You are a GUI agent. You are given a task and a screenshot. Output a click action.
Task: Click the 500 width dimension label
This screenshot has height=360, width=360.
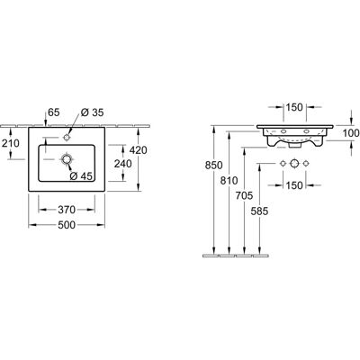[67, 225]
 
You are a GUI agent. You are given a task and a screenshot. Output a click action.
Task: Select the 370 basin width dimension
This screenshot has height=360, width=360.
[67, 210]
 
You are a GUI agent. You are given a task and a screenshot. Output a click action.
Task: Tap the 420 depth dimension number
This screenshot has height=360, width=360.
[138, 150]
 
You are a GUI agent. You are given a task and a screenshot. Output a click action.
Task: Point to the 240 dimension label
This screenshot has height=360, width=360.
[122, 164]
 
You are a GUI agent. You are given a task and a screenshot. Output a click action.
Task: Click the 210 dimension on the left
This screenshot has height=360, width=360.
[11, 143]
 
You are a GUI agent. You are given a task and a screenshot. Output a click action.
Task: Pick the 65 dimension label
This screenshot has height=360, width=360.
[54, 112]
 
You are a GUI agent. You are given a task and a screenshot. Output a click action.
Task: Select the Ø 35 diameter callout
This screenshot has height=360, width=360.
[92, 112]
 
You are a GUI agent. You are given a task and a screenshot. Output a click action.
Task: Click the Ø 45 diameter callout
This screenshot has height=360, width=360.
[81, 176]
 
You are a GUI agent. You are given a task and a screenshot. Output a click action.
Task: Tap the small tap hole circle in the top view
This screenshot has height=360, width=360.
[67, 138]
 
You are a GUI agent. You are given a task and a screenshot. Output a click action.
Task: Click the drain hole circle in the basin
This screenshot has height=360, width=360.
[67, 159]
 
